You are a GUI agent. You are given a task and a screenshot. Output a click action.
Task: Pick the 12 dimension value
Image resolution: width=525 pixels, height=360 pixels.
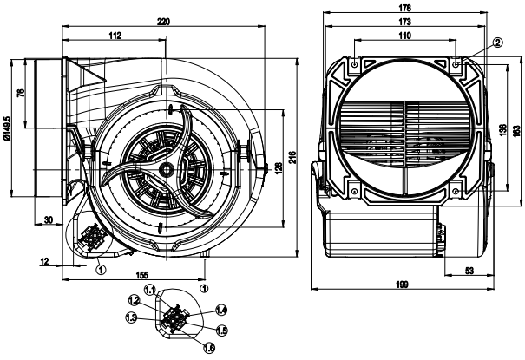(44, 259)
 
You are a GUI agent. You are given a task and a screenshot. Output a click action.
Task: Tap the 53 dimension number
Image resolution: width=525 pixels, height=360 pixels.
(469, 272)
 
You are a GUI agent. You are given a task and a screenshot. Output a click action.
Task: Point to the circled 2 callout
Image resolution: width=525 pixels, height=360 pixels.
(497, 42)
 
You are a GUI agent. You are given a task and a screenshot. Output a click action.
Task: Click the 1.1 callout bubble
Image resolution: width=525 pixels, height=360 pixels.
(149, 289)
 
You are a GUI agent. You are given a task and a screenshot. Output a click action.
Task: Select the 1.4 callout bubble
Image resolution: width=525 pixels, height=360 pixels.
(221, 310)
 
